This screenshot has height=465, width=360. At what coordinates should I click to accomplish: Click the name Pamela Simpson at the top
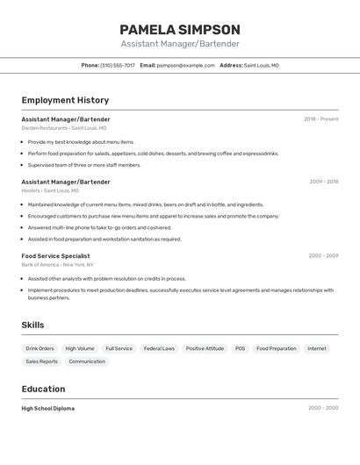(x=179, y=29)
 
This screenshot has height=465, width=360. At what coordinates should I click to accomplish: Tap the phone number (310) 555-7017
(x=118, y=65)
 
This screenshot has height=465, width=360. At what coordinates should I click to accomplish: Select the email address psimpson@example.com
(x=186, y=65)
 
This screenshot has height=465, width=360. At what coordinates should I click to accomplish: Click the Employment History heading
(x=65, y=100)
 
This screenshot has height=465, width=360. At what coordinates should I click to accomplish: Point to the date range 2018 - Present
(x=320, y=119)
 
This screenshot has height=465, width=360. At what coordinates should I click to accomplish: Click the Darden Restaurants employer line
(x=63, y=128)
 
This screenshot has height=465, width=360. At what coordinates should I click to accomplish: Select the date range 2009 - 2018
(x=323, y=182)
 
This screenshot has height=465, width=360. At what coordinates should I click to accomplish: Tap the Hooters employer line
(x=49, y=190)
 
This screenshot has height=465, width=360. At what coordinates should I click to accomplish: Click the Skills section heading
(x=32, y=325)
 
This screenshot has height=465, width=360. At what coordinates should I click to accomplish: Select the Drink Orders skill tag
(x=40, y=348)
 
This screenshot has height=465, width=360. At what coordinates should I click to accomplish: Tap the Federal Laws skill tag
(x=159, y=348)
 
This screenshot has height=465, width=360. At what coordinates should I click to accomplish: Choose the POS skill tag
(x=240, y=348)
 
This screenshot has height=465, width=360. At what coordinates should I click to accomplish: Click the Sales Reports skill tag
(x=41, y=361)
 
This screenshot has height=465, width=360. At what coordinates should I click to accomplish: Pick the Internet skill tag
(x=316, y=348)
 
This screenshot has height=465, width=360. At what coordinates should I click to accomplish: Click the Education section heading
(x=43, y=389)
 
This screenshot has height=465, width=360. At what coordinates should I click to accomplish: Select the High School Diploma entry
(x=47, y=408)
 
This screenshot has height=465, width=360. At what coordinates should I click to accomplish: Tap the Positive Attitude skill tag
(x=205, y=348)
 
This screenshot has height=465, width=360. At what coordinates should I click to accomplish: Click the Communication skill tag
(x=87, y=361)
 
